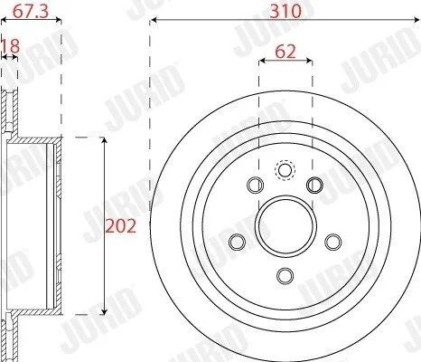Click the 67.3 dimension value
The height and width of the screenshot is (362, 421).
click(31, 12)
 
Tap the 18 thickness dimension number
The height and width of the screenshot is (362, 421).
click(11, 46)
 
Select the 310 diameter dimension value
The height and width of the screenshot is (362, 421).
click(285, 12)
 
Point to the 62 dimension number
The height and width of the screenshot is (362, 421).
click(285, 52)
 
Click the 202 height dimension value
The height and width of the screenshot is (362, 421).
click(120, 226)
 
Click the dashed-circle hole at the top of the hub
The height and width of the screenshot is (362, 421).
click(284, 170)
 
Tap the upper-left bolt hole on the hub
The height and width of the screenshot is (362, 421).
click(255, 185)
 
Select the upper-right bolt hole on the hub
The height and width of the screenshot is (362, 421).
click(314, 185)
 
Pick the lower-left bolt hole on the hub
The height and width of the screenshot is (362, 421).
click(237, 242)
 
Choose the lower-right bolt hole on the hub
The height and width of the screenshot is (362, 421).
click(333, 242)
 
